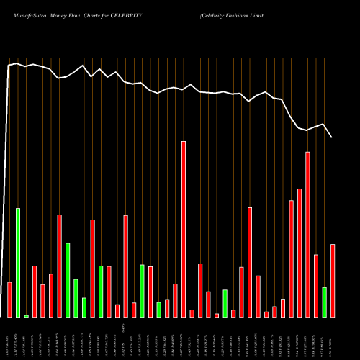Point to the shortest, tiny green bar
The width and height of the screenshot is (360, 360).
click(x=27, y=315)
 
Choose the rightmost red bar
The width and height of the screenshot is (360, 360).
click(x=333, y=281)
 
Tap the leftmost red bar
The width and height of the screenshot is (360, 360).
click(x=9, y=300)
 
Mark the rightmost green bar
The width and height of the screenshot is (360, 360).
click(x=325, y=302)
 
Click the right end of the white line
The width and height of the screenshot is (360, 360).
click(x=332, y=137)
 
